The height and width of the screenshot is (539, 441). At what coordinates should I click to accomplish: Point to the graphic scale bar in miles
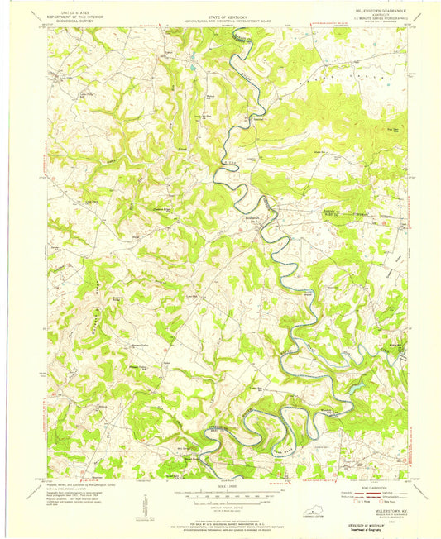click(x=220, y=490)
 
